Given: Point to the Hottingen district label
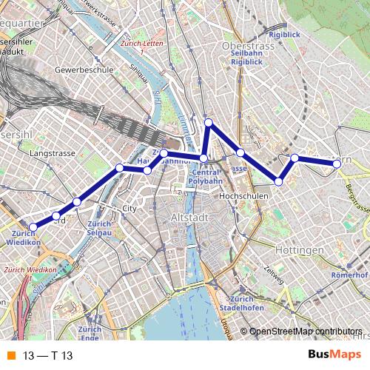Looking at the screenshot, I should pyautogui.click(x=300, y=250).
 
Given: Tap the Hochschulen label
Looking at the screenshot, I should pyautogui.click(x=243, y=196).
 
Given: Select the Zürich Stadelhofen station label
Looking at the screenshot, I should pyautogui.click(x=238, y=303).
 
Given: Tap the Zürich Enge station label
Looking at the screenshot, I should pyautogui.click(x=90, y=334).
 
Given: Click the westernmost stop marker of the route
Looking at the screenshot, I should pyautogui.click(x=33, y=227).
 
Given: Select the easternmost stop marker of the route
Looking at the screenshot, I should pyautogui.click(x=337, y=164).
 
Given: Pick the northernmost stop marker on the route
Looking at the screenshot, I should pyautogui.click(x=209, y=123).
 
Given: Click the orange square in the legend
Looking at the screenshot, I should pyautogui.click(x=10, y=355).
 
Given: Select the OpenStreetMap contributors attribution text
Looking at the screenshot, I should pyautogui.click(x=306, y=331).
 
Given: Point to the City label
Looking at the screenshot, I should pyautogui.click(x=130, y=208).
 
